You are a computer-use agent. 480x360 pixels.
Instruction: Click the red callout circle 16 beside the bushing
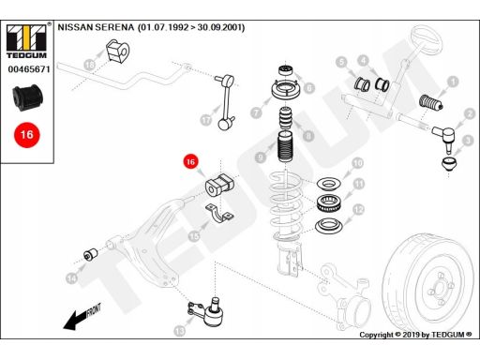click(x=190, y=162)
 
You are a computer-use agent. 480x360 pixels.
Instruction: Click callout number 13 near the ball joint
click(x=180, y=330)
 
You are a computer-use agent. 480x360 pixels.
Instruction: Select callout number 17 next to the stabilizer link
click(x=205, y=120)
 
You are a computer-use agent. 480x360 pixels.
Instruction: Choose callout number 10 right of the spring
click(x=356, y=163)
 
